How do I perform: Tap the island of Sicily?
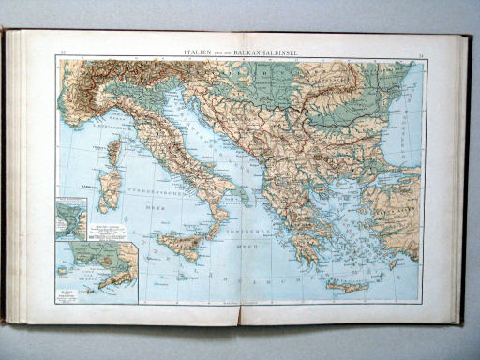(x=181, y=246)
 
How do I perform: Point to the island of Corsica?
(x=114, y=152)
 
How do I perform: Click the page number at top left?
(x=63, y=54)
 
